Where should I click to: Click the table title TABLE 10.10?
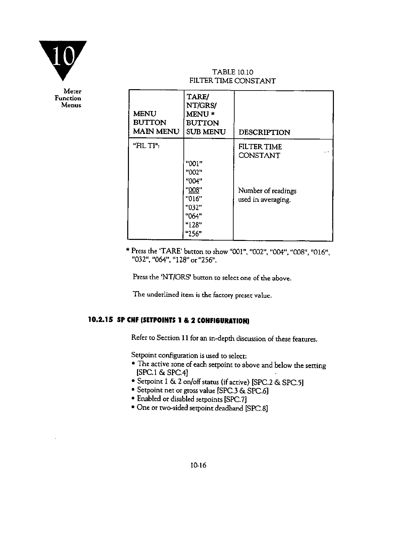coord(233,72)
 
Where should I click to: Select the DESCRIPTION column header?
coord(264,132)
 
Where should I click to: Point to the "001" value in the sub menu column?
coord(194,164)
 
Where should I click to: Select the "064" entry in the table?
coord(194,216)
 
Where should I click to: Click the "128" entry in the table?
coord(194,225)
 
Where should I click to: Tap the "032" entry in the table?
coord(194,207)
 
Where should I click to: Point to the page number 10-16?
coord(198,465)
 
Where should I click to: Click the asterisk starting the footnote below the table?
coord(128,251)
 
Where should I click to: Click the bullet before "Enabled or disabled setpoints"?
coord(134,399)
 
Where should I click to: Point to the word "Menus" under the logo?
coord(71,105)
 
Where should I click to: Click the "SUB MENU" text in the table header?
coord(206,132)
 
